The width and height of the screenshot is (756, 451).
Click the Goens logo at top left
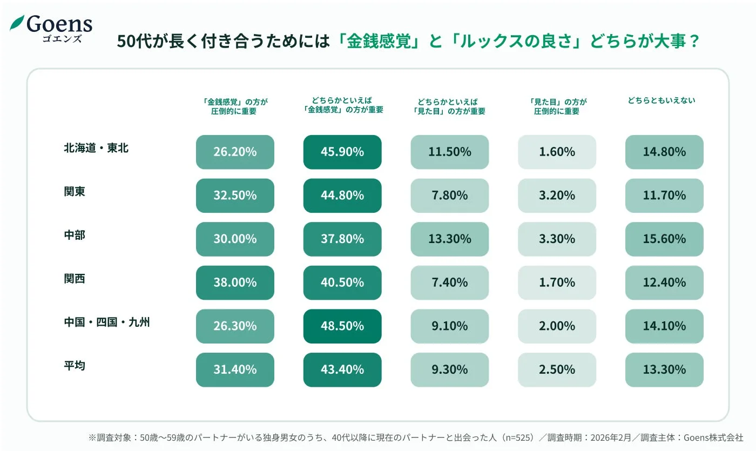(51, 28)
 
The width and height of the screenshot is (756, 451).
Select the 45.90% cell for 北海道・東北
(342, 152)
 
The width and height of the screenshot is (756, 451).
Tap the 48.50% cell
(342, 326)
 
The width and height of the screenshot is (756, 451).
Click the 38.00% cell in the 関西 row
(235, 282)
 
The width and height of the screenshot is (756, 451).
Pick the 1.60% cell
(557, 152)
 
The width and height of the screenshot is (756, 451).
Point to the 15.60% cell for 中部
(664, 239)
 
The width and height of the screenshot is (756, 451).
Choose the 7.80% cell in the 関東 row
(449, 196)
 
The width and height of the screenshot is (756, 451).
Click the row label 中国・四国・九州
(107, 322)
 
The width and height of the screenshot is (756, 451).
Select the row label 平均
(75, 366)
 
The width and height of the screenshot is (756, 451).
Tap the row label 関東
(75, 192)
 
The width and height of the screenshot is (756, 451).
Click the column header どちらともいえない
(661, 100)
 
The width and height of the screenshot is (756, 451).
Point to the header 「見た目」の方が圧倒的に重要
(557, 106)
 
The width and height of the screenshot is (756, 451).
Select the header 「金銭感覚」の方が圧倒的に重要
(235, 106)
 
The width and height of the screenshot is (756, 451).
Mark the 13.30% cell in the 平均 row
(664, 370)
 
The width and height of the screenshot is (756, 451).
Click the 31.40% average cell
(235, 370)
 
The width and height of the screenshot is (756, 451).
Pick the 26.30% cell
(235, 326)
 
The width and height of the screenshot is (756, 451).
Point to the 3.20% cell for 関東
(557, 196)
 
